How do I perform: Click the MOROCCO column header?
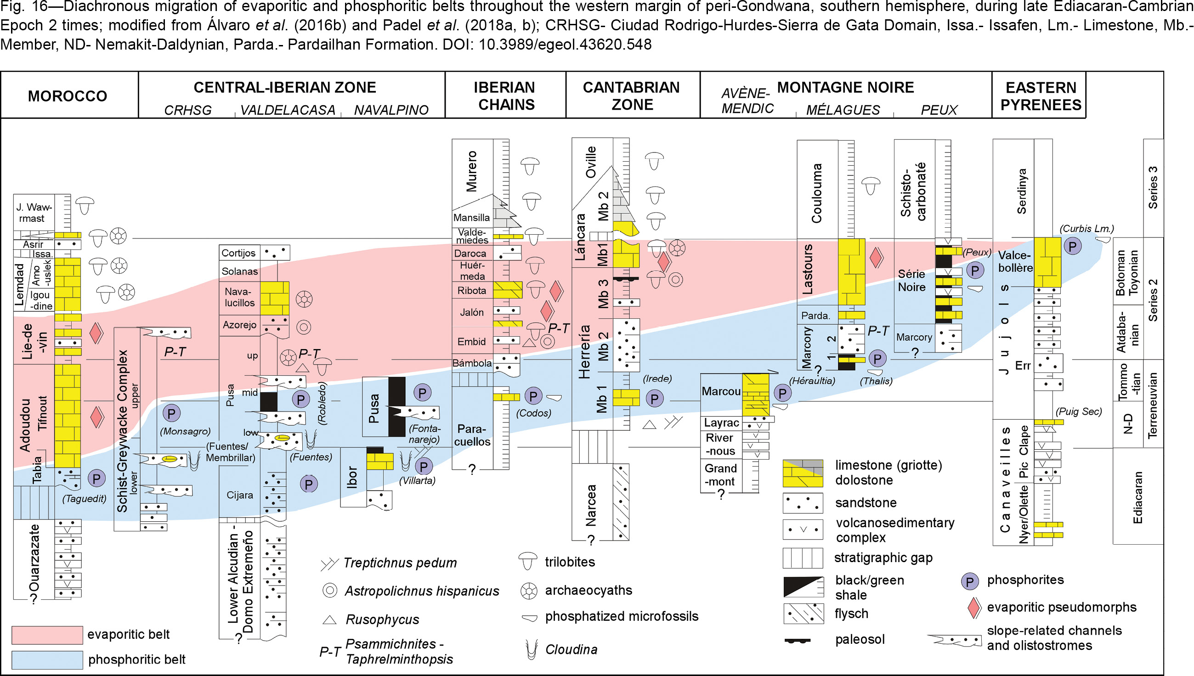click(x=68, y=96)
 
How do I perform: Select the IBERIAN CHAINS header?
click(x=505, y=96)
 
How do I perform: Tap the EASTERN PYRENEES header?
click(x=1041, y=96)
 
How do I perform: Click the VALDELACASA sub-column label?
click(x=288, y=110)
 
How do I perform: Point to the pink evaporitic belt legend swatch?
click(x=47, y=635)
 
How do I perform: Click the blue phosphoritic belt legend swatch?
click(x=47, y=660)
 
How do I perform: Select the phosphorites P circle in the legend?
click(x=970, y=581)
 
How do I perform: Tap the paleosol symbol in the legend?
click(x=798, y=641)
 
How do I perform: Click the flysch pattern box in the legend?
click(x=803, y=614)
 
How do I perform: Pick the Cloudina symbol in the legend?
click(x=531, y=649)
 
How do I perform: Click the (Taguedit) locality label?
click(x=84, y=499)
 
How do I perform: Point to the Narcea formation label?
click(x=590, y=505)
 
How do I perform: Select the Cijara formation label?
click(x=240, y=495)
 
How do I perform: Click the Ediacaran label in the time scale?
click(x=1137, y=497)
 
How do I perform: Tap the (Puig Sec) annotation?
click(x=1078, y=412)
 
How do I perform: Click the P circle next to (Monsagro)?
click(x=171, y=413)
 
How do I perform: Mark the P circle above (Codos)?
click(x=533, y=396)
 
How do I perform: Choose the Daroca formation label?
click(x=470, y=253)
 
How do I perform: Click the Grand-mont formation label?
click(x=721, y=475)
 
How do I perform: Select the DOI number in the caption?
click(x=565, y=45)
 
